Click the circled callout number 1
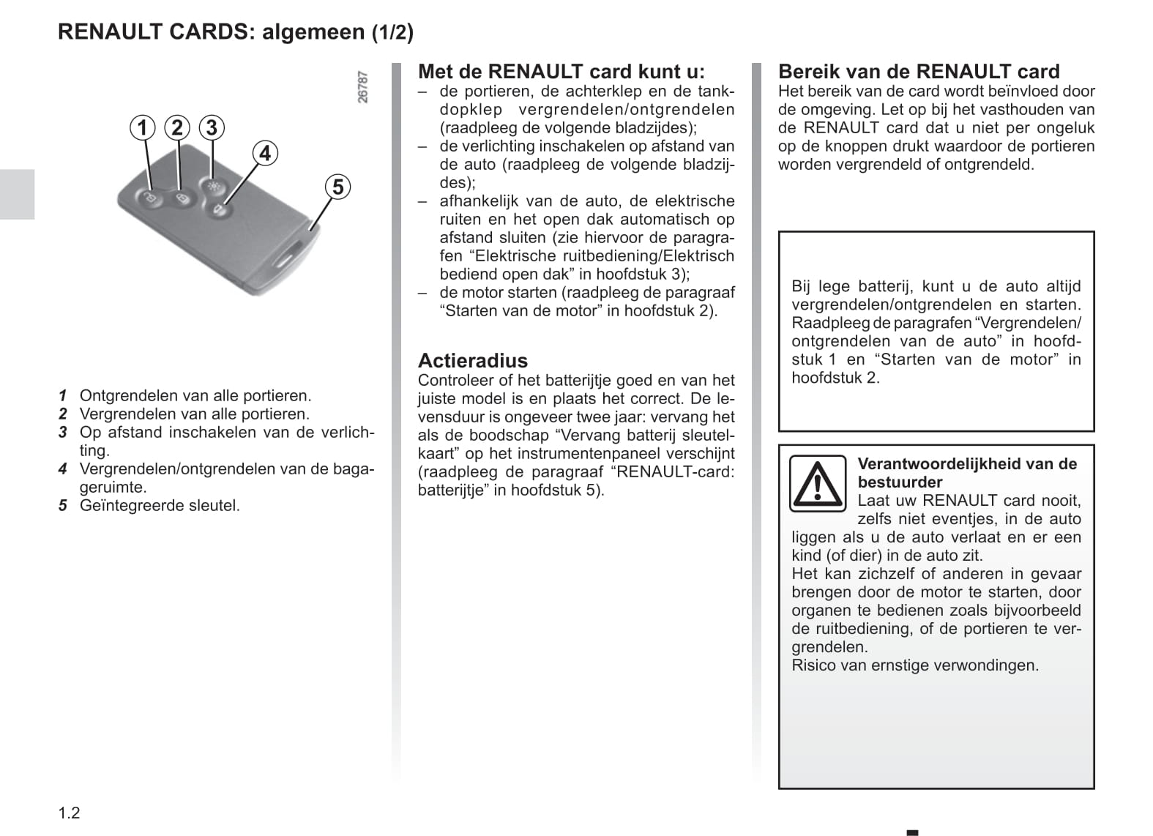tap(143, 128)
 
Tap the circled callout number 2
tap(177, 128)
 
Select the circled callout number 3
tap(212, 128)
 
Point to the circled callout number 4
tap(265, 153)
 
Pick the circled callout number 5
tap(337, 187)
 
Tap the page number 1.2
tap(69, 813)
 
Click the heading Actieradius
tap(472, 360)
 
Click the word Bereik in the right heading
tap(809, 72)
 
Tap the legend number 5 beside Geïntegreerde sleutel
tap(63, 506)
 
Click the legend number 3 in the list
tap(63, 433)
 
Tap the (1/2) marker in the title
tap(392, 32)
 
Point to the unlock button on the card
tap(149, 198)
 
